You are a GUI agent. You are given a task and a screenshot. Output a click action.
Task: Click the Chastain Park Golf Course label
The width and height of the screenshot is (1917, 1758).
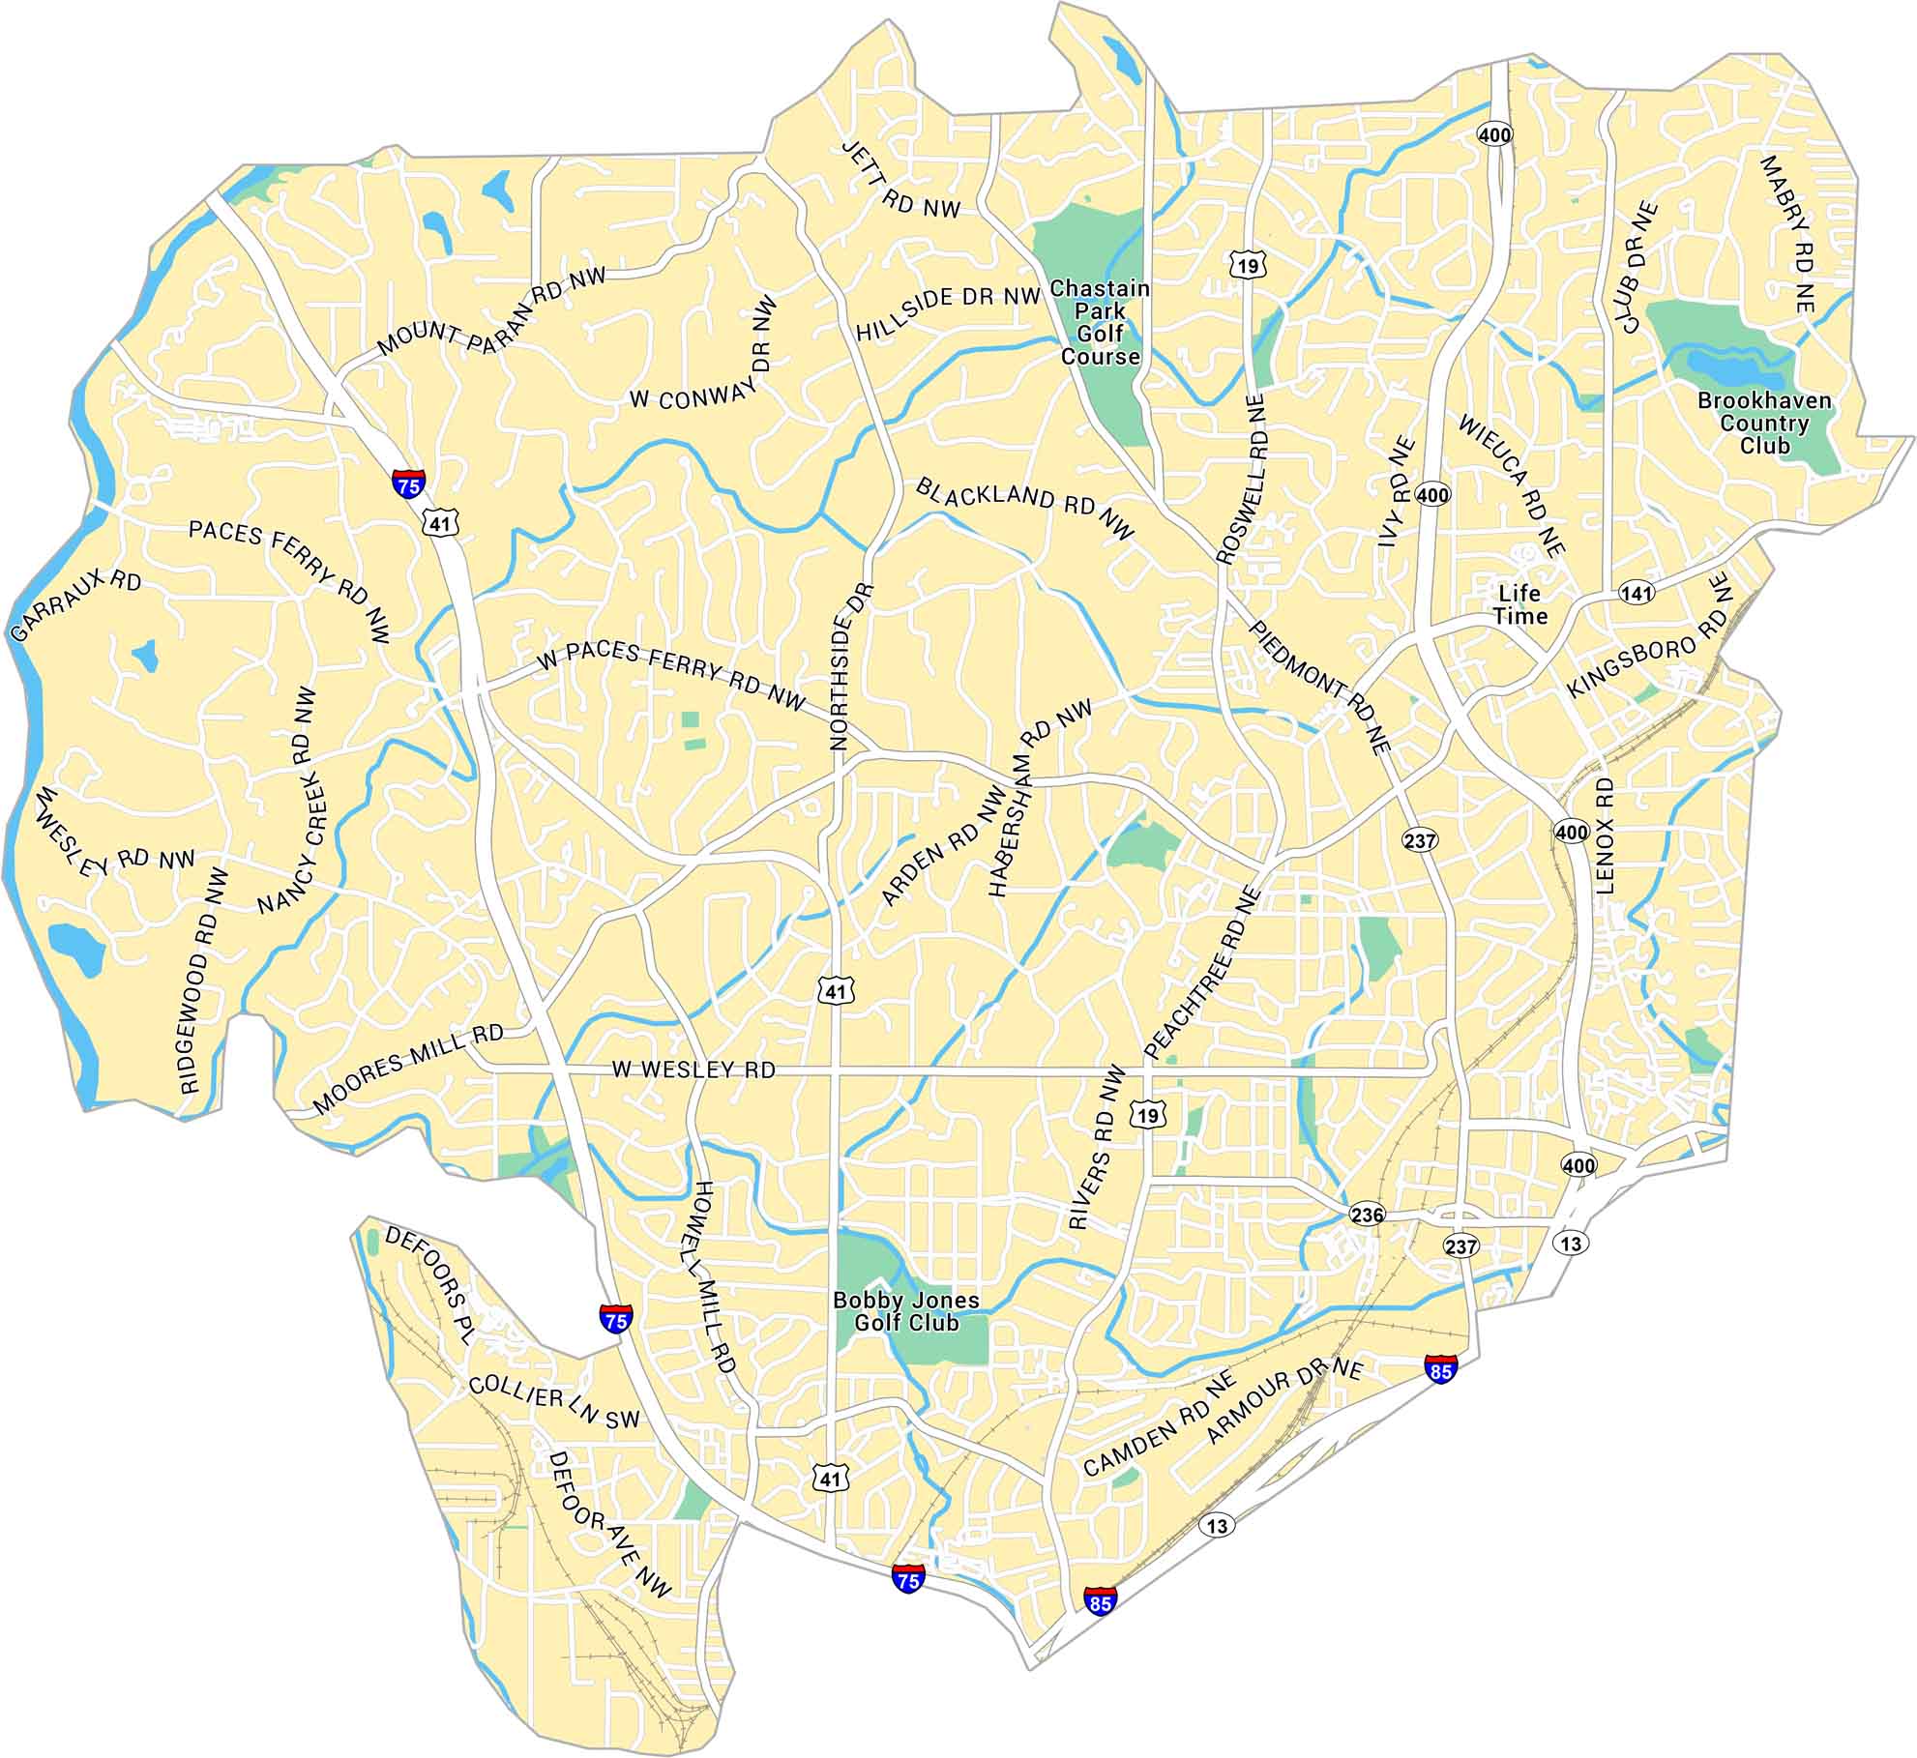(x=1101, y=322)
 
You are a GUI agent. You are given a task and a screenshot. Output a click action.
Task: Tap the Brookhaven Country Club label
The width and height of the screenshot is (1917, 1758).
(x=1764, y=424)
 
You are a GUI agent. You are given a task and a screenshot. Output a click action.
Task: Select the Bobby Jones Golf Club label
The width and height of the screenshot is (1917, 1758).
(x=906, y=1312)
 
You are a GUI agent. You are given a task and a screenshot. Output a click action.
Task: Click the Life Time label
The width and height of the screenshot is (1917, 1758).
(x=1519, y=604)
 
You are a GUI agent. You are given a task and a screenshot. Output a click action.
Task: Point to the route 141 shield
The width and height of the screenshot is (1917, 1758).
(x=1637, y=593)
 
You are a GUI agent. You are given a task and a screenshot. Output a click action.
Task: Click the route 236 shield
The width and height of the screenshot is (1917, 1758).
(x=1367, y=1215)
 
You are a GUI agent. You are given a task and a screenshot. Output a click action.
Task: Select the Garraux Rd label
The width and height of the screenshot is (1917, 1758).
(x=75, y=606)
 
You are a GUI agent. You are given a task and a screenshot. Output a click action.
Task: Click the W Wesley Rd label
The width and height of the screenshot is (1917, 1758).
(x=693, y=1070)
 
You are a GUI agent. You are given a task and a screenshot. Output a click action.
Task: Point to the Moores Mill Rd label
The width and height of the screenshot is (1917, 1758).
(x=408, y=1068)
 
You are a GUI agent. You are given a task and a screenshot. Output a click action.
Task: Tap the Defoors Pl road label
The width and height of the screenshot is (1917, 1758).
(x=428, y=1285)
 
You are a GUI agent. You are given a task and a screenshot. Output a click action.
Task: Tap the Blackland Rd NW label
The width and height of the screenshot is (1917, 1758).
(x=1025, y=507)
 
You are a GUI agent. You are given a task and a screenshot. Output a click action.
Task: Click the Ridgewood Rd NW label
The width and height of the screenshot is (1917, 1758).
(x=204, y=981)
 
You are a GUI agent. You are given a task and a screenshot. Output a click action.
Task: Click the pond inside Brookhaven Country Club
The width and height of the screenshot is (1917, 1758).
(x=1736, y=368)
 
